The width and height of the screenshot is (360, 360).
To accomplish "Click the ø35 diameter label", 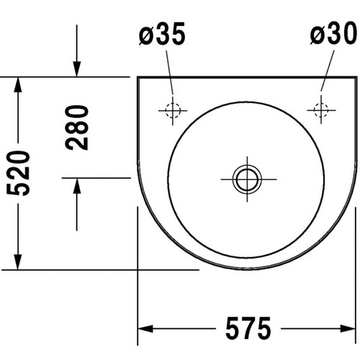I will point(163,35).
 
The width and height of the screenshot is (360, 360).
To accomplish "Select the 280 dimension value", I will point(77,127).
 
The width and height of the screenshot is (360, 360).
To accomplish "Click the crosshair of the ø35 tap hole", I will point(171,110).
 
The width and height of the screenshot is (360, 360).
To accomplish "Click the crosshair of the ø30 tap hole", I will point(319,110).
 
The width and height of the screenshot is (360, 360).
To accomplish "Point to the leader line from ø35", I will point(168,72).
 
